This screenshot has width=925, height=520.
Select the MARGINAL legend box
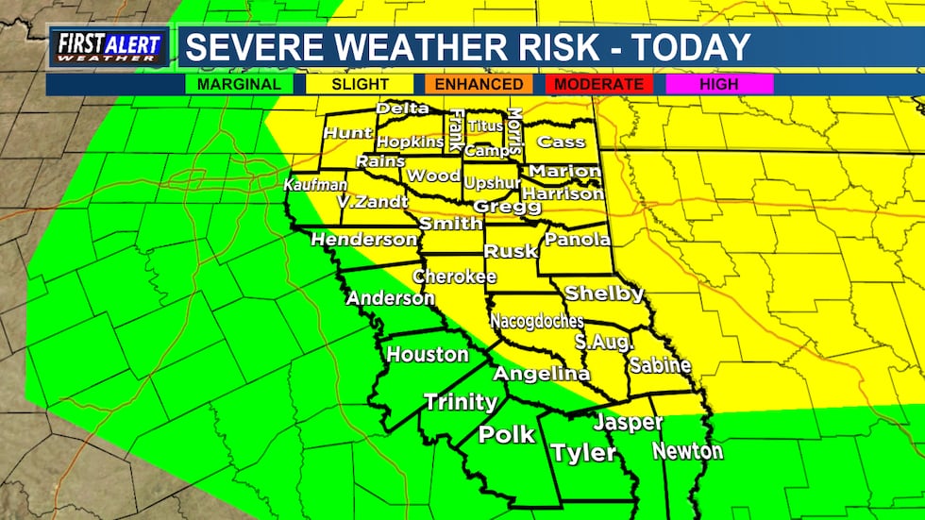[240, 84]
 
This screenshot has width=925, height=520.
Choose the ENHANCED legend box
[479, 84]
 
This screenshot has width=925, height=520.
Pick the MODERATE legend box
[599, 84]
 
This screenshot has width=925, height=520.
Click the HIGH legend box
[719, 84]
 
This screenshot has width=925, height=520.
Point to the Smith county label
[450, 224]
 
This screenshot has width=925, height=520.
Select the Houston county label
[428, 355]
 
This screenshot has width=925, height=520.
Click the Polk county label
[507, 435]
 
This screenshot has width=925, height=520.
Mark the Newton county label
[687, 451]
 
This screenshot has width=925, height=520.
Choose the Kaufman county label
[310, 185]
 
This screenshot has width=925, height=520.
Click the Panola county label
[577, 240]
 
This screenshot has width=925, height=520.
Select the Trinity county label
[460, 402]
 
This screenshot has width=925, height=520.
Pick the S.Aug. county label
[603, 342]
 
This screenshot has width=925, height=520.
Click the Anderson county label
[390, 298]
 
